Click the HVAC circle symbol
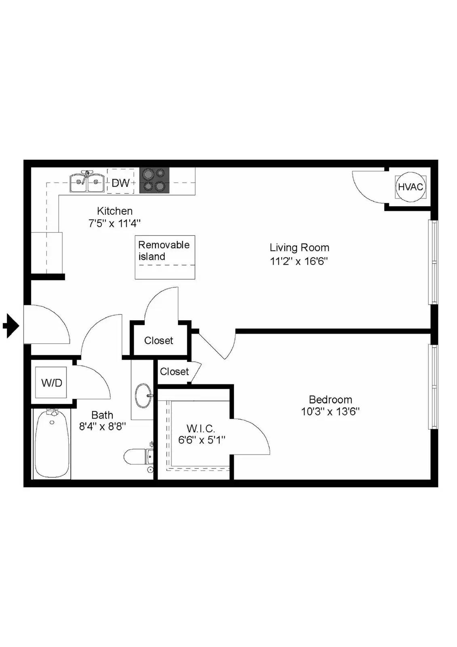click(410, 187)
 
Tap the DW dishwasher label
click(121, 183)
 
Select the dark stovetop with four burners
click(154, 180)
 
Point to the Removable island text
click(164, 250)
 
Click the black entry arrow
click(11, 326)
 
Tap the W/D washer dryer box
click(51, 383)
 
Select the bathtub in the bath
click(52, 444)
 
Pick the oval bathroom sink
click(143, 395)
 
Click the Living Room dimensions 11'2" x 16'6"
click(299, 261)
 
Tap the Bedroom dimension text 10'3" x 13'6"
click(330, 411)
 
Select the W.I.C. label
click(201, 428)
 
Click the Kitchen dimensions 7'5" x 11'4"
click(115, 223)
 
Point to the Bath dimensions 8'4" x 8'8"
click(103, 426)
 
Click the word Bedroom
click(331, 400)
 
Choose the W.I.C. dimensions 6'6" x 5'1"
click(202, 440)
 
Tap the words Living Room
click(299, 247)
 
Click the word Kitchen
click(115, 211)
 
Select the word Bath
click(102, 415)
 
